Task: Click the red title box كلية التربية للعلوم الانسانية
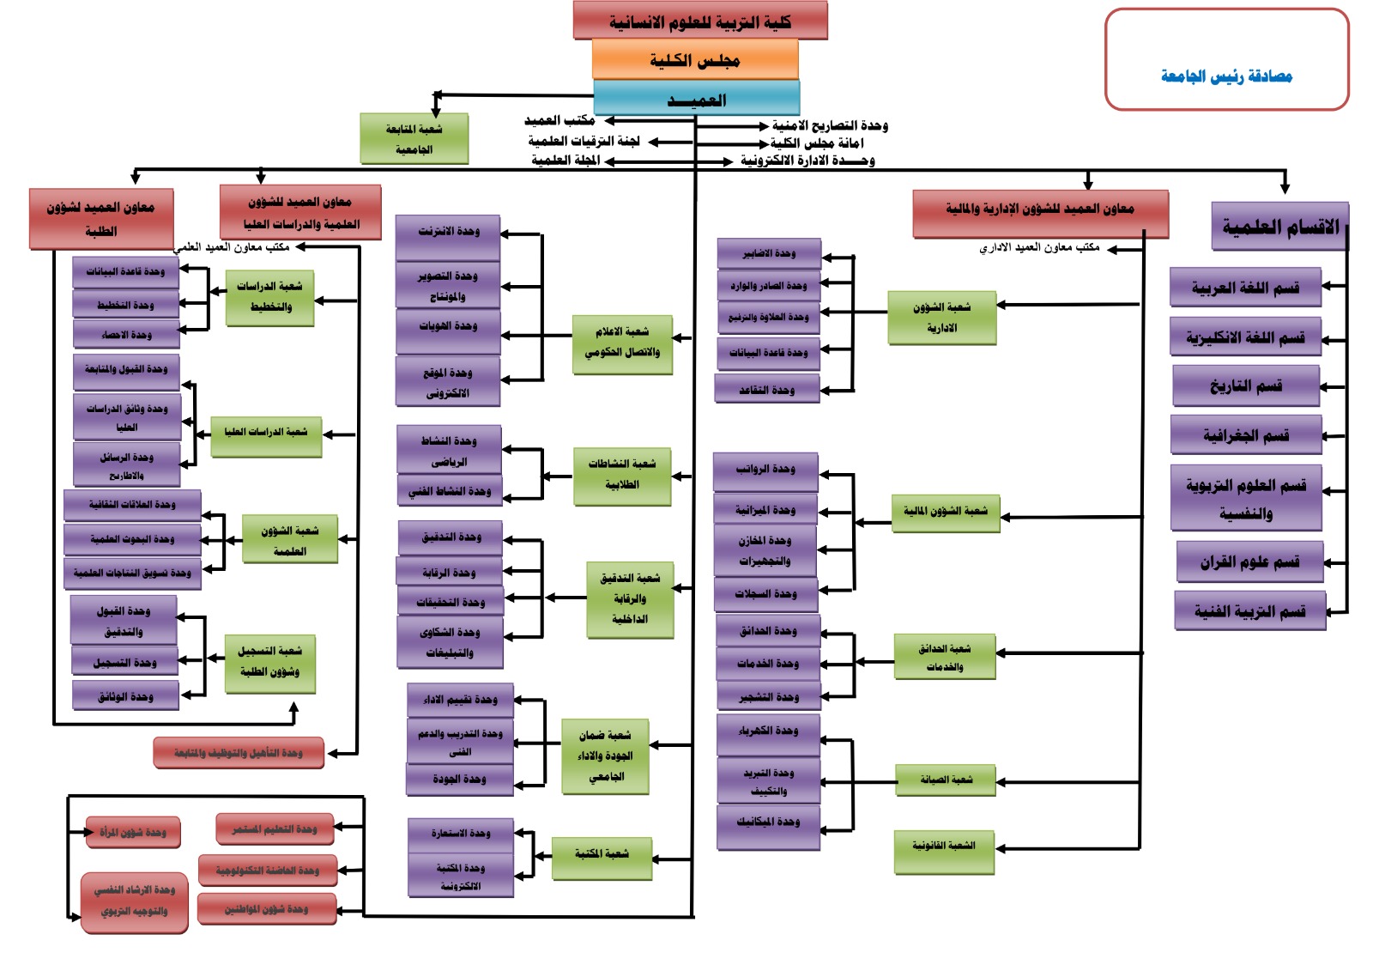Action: [x=700, y=21]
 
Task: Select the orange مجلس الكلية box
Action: [x=695, y=59]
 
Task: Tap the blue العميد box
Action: [x=696, y=98]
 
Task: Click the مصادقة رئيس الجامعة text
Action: [x=1226, y=76]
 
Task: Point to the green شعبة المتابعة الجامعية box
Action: [x=414, y=138]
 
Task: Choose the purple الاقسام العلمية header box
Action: [x=1279, y=227]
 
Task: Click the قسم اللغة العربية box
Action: [x=1245, y=288]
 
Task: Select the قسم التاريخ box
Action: [x=1245, y=385]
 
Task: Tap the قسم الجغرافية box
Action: [x=1245, y=435]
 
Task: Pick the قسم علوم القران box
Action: [x=1249, y=562]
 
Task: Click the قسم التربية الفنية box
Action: [x=1249, y=611]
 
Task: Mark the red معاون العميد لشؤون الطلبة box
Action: [x=101, y=219]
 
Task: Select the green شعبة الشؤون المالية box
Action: [x=945, y=512]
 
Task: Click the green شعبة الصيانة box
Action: [x=946, y=780]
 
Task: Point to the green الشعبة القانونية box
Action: [x=944, y=847]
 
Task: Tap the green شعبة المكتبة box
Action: [x=602, y=854]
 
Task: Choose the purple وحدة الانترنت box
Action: [x=448, y=232]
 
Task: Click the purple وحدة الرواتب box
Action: [x=765, y=470]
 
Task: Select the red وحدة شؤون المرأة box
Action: [x=133, y=832]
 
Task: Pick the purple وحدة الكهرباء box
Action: [x=768, y=731]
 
